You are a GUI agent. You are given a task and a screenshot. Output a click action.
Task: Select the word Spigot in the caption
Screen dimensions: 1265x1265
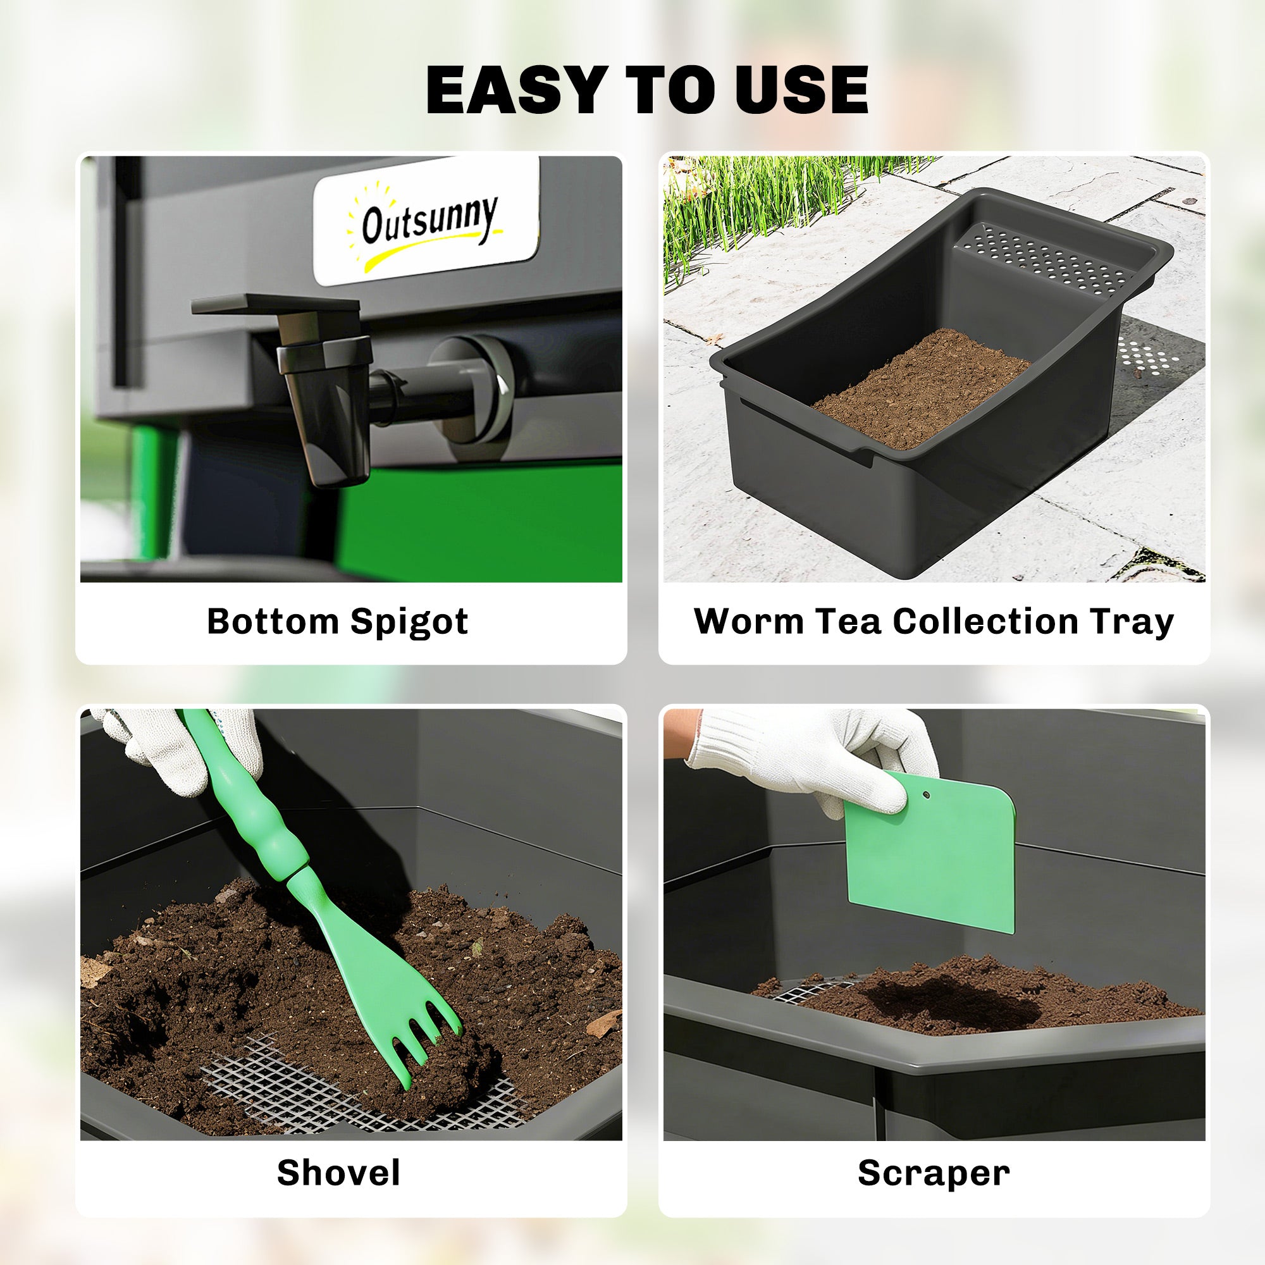[409, 622]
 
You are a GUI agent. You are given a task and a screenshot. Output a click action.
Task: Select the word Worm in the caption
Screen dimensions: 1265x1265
[748, 620]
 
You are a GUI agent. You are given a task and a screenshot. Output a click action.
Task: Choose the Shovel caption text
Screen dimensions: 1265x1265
[338, 1173]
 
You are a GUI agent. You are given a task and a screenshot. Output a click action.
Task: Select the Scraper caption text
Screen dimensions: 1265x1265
[934, 1173]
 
